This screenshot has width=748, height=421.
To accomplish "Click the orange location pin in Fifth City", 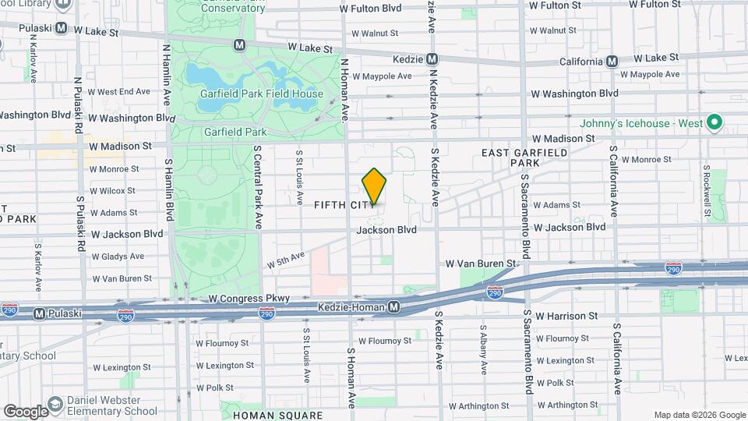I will pyautogui.click(x=374, y=186).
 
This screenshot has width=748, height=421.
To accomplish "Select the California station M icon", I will pyautogui.click(x=612, y=61).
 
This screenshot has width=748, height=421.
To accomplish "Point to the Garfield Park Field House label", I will pyautogui.click(x=261, y=94).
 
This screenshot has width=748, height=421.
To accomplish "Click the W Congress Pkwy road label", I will pyautogui.click(x=249, y=299).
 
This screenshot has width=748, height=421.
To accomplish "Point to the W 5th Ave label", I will pyautogui.click(x=286, y=259).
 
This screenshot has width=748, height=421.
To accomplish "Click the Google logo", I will pyautogui.click(x=25, y=412).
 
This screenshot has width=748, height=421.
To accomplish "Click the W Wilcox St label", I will pyautogui.click(x=114, y=190).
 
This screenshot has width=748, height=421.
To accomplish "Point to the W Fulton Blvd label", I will pyautogui.click(x=371, y=9).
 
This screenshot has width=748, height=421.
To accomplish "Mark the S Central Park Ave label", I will pyautogui.click(x=256, y=187).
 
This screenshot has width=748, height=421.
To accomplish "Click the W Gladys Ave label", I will pyautogui.click(x=118, y=256).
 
